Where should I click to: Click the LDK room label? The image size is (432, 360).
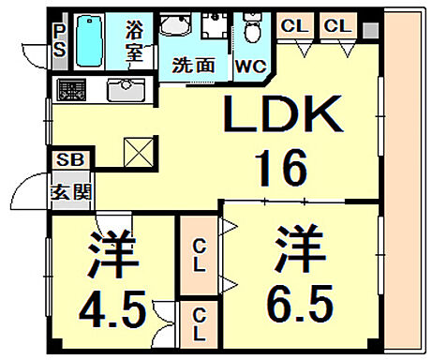click(279, 120)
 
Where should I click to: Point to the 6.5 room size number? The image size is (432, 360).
click(300, 300)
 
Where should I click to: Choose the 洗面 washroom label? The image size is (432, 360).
click(191, 66)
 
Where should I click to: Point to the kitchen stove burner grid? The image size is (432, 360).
click(72, 91)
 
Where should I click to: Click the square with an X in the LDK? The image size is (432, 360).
click(138, 150)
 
